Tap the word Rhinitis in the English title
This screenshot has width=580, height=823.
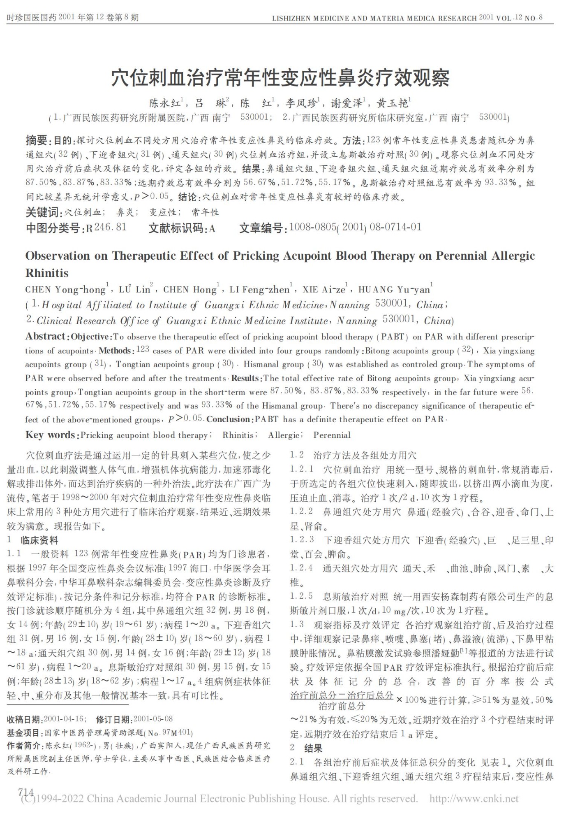point(47,273)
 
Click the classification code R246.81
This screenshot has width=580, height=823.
point(106,228)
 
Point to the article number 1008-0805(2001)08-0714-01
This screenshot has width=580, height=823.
point(355,227)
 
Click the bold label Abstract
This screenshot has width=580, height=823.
point(45,337)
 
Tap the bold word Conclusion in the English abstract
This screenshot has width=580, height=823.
point(228,419)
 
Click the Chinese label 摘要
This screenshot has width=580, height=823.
point(37,141)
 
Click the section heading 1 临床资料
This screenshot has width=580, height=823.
point(33,540)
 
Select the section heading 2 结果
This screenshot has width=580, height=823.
point(307,748)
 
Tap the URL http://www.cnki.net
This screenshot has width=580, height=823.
point(474,799)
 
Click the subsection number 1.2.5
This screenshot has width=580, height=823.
point(301,596)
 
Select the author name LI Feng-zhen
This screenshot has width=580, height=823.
point(260,290)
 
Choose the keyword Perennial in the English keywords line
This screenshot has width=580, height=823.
point(332,435)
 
